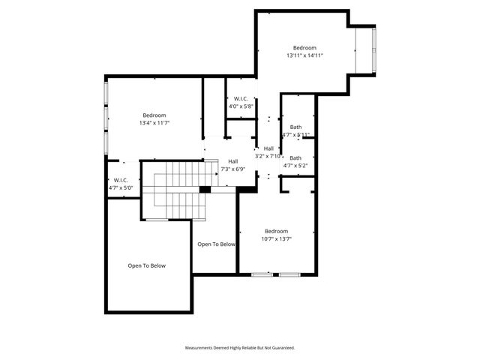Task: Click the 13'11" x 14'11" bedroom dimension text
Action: pos(304,55)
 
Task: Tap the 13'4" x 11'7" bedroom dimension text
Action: pos(154,123)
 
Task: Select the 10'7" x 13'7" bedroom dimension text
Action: pos(277,239)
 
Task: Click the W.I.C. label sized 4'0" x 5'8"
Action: pos(241,99)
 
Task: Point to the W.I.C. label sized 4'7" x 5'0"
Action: pos(121,180)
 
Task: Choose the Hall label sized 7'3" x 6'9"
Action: pos(233,161)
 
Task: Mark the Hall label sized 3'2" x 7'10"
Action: pos(268,148)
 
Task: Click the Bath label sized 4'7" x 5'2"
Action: pos(295,158)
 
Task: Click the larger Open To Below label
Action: pos(146,265)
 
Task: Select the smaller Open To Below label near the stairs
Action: pos(216,244)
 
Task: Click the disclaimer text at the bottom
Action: pos(240,348)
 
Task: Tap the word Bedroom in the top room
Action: pos(304,47)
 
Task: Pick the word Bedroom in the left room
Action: pos(154,115)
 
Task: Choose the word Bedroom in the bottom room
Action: pos(277,231)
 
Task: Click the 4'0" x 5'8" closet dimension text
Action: pos(241,106)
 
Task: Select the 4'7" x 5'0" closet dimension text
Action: pos(121,187)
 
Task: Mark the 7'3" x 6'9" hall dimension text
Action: pos(233,169)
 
